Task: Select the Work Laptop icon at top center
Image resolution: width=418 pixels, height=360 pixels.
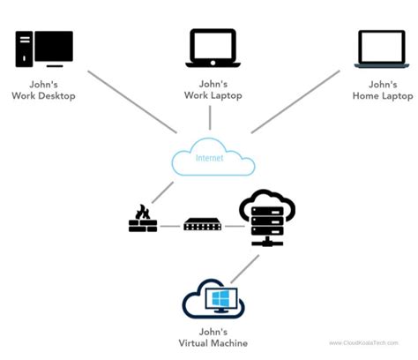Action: (213, 49)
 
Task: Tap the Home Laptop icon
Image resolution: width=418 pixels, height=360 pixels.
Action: (382, 49)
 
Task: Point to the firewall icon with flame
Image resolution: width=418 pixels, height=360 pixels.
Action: (142, 219)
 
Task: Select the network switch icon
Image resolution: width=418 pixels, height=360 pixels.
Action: (202, 224)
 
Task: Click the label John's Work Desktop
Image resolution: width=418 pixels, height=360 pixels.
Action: (43, 90)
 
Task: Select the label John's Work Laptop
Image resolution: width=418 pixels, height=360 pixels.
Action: (213, 90)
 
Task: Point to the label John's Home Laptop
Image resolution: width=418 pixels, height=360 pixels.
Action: (382, 90)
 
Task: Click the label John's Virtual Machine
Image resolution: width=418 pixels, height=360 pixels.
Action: (212, 338)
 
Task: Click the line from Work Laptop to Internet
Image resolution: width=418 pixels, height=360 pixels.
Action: (210, 117)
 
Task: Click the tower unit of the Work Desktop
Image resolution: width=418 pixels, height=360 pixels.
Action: (24, 49)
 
